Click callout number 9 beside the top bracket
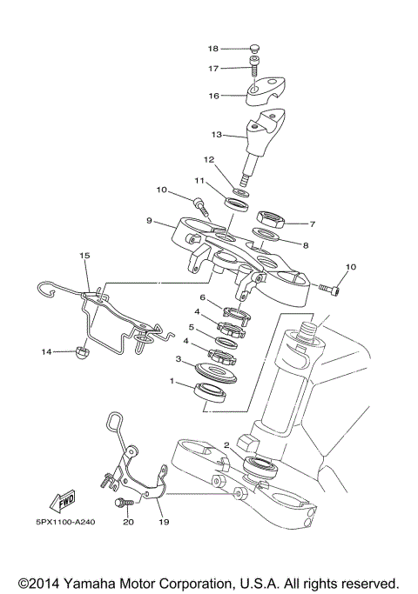[149, 221]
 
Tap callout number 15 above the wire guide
[84, 256]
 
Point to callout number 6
[202, 297]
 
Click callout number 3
[178, 358]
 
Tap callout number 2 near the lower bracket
[226, 445]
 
